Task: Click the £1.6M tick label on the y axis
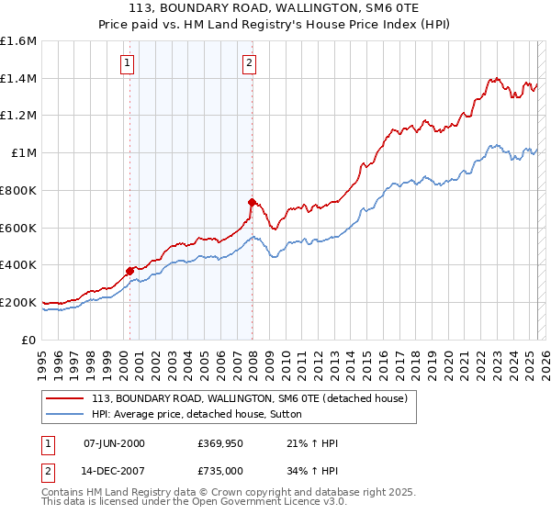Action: tap(18, 41)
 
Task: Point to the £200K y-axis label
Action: tap(18, 302)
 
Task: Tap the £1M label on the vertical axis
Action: tap(25, 153)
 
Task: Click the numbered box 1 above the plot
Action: tap(126, 63)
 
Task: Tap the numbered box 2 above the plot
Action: tap(249, 63)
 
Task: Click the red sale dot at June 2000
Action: tap(129, 270)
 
